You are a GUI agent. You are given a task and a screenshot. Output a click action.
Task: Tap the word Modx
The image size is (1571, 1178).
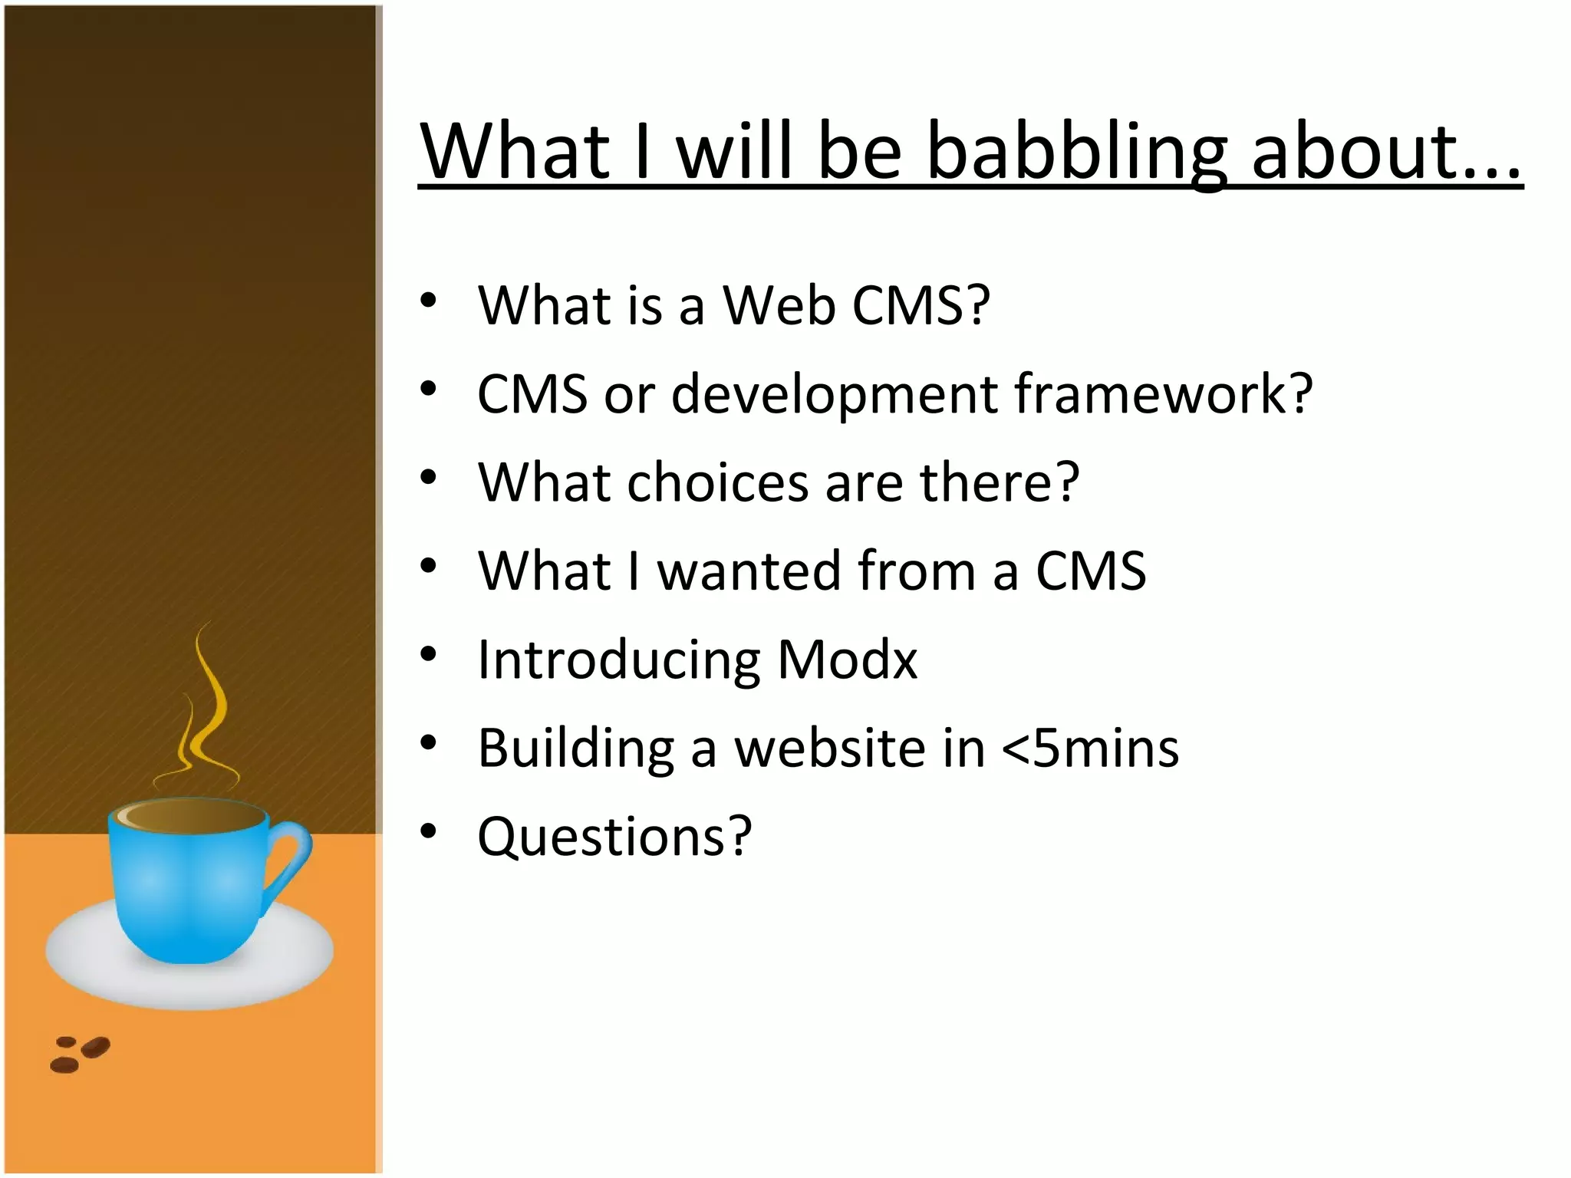847,660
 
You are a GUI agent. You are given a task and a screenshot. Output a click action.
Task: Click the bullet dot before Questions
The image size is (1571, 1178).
428,831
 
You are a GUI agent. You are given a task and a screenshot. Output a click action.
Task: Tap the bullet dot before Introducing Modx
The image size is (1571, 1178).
428,655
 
